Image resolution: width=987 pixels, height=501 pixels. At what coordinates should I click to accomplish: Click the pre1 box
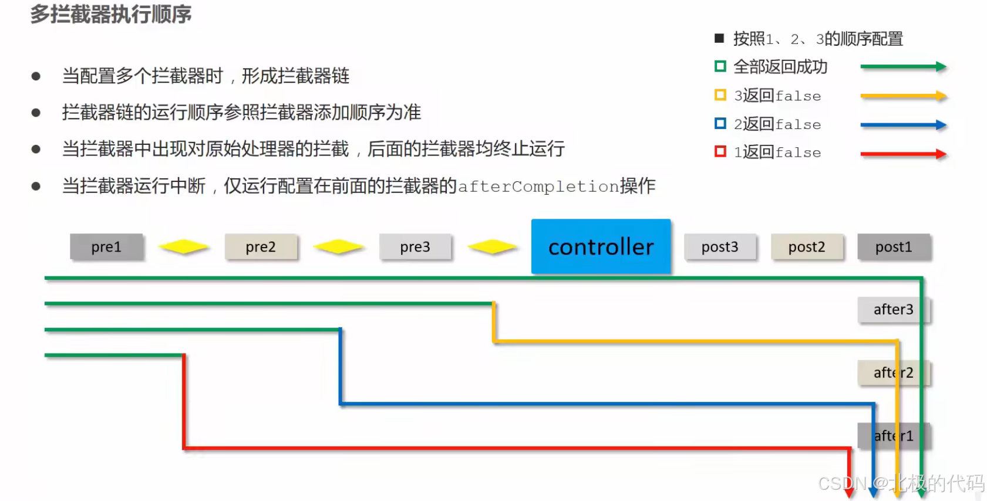106,247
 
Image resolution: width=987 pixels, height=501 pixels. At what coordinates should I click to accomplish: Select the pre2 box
261,247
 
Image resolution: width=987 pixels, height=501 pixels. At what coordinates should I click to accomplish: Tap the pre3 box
415,247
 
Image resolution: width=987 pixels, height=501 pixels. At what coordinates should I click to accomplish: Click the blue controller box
601,246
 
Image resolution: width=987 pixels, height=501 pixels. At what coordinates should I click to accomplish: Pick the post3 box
720,247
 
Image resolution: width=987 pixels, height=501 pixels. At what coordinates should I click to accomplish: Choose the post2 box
807,247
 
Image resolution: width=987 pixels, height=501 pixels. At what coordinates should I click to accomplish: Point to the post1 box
894,247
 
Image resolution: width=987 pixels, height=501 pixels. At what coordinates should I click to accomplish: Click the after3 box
893,309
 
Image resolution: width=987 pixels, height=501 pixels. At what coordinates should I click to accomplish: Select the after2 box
893,373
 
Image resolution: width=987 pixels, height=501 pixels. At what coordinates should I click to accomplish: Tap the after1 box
893,436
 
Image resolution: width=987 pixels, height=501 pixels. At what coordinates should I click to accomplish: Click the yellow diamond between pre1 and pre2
184,247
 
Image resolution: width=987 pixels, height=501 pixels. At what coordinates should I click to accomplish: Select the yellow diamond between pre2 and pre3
338,247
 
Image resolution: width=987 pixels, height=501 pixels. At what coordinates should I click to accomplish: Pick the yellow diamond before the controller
493,247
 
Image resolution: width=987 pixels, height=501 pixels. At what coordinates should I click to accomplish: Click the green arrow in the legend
903,67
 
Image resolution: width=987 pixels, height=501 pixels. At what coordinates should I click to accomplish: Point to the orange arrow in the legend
903,96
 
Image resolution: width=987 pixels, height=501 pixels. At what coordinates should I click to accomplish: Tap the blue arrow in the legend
903,125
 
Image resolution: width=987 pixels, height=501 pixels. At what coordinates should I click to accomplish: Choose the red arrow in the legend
903,154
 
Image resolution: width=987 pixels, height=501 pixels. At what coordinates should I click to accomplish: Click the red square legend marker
720,152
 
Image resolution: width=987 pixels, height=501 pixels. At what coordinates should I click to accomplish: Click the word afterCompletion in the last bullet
538,187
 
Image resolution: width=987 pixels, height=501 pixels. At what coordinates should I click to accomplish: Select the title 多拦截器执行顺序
111,14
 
